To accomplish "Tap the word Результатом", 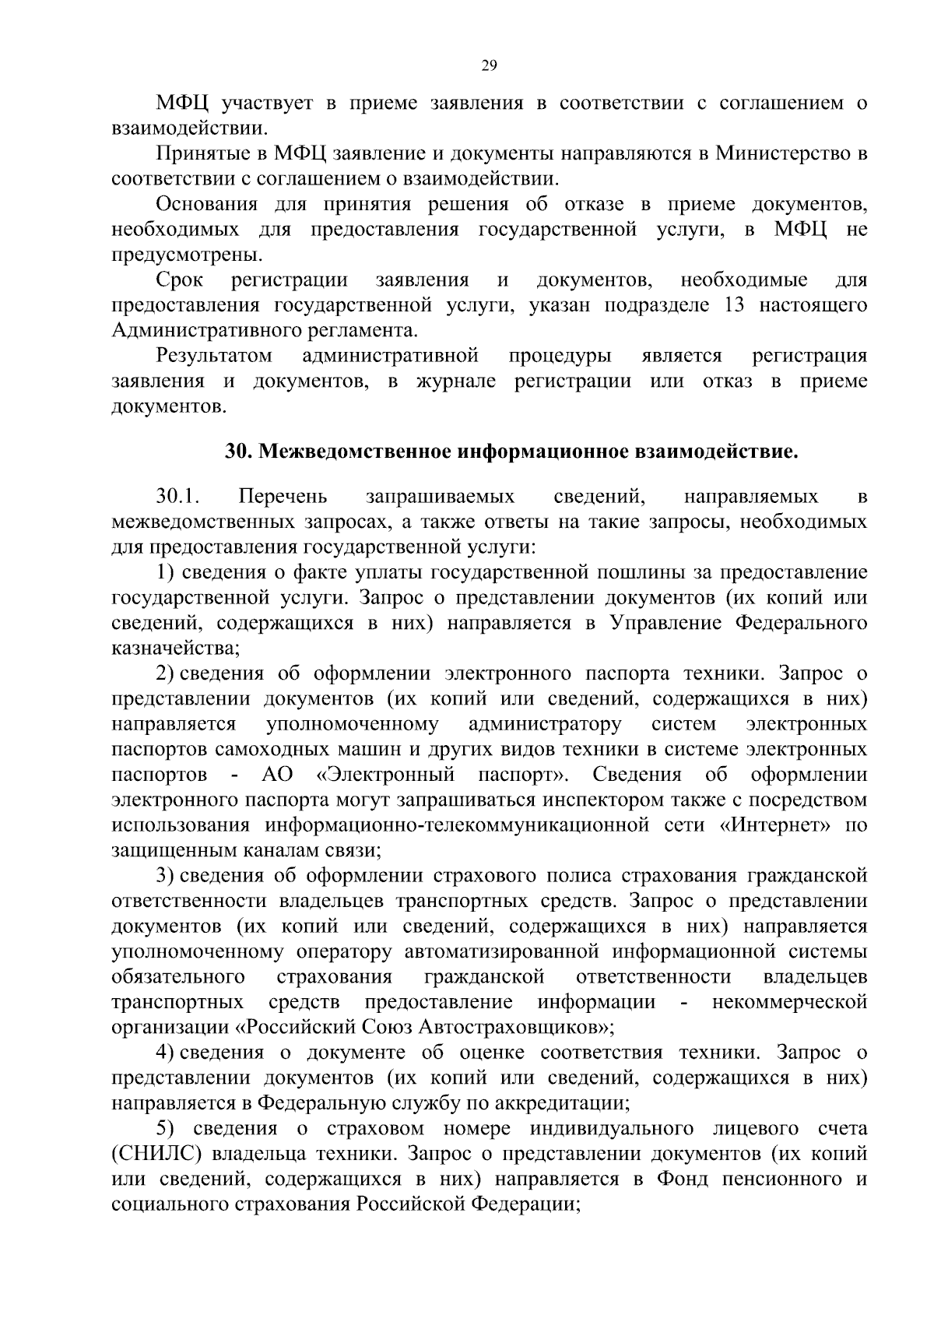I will [214, 356].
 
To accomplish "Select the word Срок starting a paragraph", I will [179, 280].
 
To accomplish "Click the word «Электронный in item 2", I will [386, 775].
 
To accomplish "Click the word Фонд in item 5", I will [683, 1179].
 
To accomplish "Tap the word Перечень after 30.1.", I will [283, 497].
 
